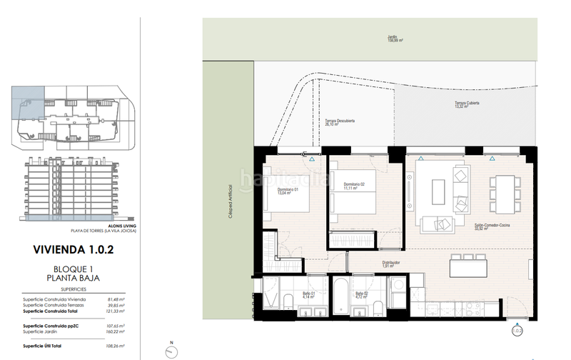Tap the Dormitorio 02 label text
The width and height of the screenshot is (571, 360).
353,186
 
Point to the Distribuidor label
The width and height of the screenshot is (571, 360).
390,264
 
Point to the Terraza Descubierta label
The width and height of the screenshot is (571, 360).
340,121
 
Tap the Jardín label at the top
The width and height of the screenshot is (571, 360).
391,39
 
